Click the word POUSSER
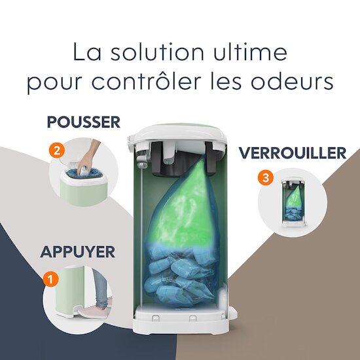[x=84, y=122]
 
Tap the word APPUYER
[x=78, y=252]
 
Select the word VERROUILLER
[x=293, y=153]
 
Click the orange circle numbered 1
[x=51, y=279]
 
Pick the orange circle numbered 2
[x=57, y=151]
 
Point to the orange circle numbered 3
[x=266, y=177]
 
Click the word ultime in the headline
[x=250, y=52]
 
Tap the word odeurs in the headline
[x=292, y=81]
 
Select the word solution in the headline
[x=157, y=52]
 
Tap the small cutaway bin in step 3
[x=293, y=202]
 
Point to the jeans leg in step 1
[x=100, y=287]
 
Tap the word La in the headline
[x=87, y=52]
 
